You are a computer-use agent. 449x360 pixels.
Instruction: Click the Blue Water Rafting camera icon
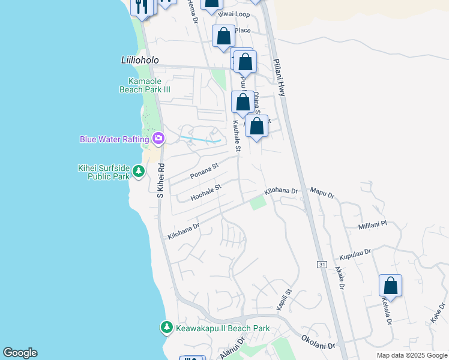(158, 139)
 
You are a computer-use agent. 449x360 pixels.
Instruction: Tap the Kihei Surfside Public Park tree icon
(139, 172)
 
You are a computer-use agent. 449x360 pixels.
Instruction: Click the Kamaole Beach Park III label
(145, 85)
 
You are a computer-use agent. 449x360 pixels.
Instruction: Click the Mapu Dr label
(322, 193)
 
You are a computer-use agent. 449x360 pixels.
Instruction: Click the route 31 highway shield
(321, 265)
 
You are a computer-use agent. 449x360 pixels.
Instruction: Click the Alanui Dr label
(232, 349)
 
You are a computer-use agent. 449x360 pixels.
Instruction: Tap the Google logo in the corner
(20, 353)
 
